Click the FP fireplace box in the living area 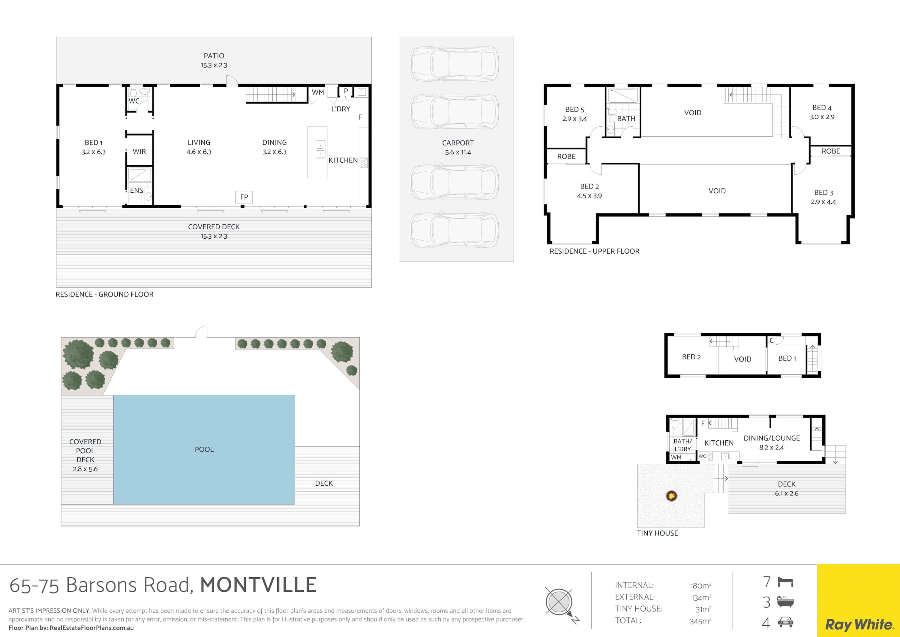click(244, 197)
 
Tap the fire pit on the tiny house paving click(671, 496)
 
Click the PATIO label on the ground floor click(214, 56)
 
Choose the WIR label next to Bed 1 click(139, 151)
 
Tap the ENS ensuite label click(136, 190)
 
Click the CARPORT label click(458, 143)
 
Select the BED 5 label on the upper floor click(575, 110)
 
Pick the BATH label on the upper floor click(626, 119)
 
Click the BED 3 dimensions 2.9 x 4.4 click(823, 202)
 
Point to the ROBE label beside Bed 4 click(831, 151)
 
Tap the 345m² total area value click(700, 621)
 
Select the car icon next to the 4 click(785, 622)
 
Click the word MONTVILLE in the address click(258, 585)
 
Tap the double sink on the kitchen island click(320, 149)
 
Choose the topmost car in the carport click(455, 64)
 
